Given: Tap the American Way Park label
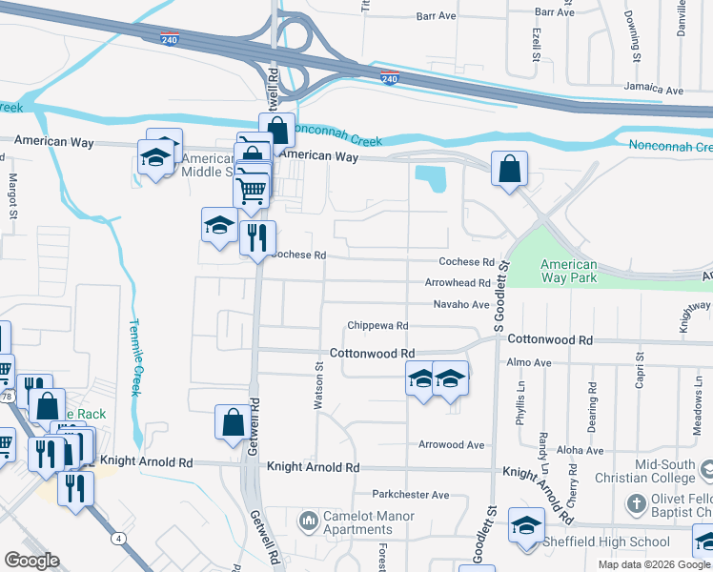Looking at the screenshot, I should click(x=568, y=271).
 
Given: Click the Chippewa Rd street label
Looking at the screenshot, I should click(x=377, y=325).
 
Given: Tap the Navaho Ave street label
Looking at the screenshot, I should click(x=461, y=304).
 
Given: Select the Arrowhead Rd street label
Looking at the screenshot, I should click(x=458, y=283).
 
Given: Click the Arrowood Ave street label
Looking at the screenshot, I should click(x=452, y=444).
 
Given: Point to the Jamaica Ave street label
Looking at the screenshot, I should click(x=654, y=90).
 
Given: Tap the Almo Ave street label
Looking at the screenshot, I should click(x=529, y=363).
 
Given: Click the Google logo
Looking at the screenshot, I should click(x=31, y=561).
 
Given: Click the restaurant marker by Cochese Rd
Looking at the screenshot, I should click(x=256, y=237).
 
